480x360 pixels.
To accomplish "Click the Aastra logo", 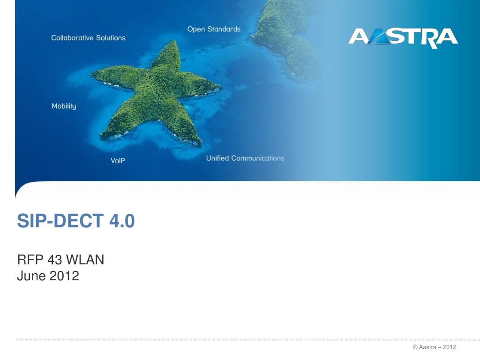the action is click(x=403, y=38).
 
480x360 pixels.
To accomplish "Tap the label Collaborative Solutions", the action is click(x=88, y=37).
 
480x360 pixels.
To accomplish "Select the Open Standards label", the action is click(x=214, y=29).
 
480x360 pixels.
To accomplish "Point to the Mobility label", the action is click(x=64, y=106).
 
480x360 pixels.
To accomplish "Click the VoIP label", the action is click(x=118, y=160).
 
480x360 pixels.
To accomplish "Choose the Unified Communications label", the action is click(x=245, y=158).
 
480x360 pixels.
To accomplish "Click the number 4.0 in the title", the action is click(x=122, y=221).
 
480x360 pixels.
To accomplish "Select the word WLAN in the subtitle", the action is click(x=85, y=260).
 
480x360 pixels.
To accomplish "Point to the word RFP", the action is click(x=30, y=260).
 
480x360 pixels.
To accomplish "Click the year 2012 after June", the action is click(x=64, y=276).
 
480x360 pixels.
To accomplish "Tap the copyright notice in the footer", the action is click(x=435, y=347).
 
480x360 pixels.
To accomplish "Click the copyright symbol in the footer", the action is click(x=415, y=347).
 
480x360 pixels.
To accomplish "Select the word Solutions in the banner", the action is click(x=111, y=37).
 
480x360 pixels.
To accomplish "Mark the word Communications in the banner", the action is click(x=258, y=158).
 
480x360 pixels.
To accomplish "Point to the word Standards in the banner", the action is click(x=224, y=29).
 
